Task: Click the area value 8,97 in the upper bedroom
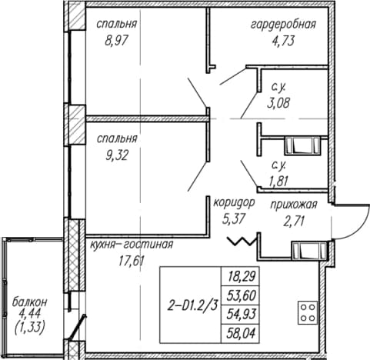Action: click(116, 41)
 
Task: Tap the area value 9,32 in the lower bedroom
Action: click(116, 155)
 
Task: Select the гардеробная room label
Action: click(283, 25)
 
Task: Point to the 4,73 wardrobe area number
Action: click(283, 41)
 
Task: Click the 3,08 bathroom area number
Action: click(278, 103)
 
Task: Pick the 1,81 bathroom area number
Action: click(278, 182)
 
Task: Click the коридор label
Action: click(234, 203)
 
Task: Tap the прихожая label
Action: click(294, 205)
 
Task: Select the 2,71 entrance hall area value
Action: click(294, 221)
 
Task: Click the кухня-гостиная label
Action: click(132, 245)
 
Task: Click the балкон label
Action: click(30, 302)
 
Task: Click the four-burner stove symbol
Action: click(308, 312)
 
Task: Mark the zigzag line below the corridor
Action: click(242, 242)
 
